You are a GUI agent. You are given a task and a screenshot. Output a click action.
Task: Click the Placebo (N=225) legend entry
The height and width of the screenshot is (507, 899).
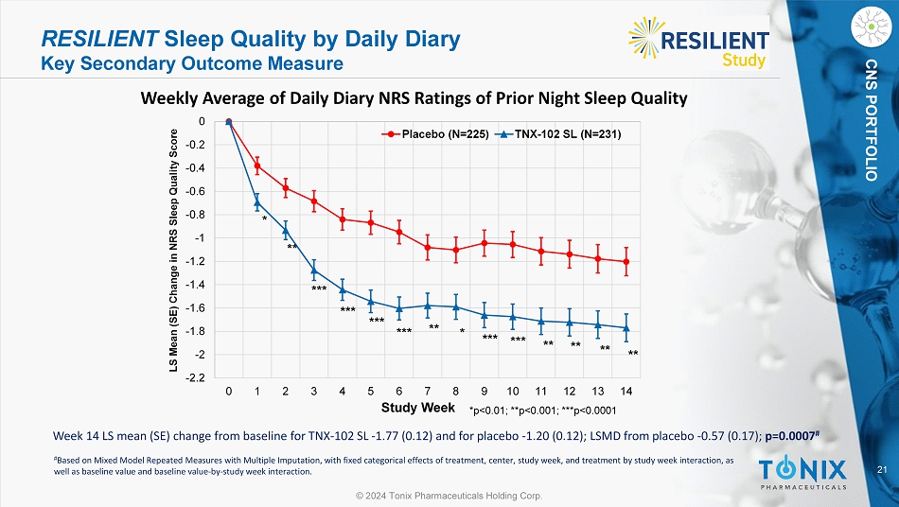point(436,135)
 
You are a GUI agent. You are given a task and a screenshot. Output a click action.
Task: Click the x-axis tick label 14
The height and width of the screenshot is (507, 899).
point(626,391)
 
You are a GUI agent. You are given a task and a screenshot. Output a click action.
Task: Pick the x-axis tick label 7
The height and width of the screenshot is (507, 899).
point(428,391)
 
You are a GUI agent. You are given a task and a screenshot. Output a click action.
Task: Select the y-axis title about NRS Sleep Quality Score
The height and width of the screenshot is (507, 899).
point(176,249)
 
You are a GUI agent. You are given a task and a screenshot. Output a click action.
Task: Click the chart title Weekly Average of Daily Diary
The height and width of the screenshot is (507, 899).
point(414,98)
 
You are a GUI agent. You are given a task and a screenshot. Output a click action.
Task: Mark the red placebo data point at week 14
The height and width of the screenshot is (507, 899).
point(626,262)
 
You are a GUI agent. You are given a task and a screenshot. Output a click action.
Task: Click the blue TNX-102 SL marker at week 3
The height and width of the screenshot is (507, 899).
point(313,271)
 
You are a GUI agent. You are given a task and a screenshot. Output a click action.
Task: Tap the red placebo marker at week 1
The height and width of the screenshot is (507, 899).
point(257,166)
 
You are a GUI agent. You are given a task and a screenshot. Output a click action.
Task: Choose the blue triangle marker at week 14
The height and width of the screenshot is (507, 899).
point(626,327)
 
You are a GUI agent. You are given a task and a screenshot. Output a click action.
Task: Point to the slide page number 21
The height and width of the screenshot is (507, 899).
point(882,471)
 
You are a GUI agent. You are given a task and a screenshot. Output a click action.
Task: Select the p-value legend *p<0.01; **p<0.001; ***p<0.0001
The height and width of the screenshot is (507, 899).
point(542,410)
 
